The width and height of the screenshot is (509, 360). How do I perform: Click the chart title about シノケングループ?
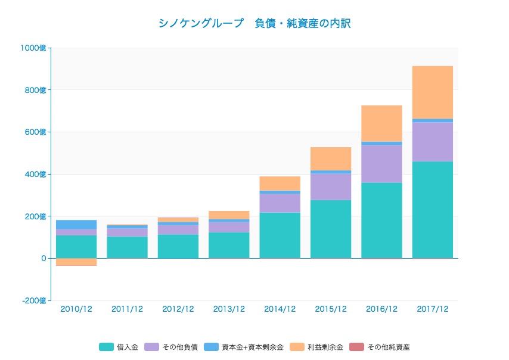(x=254, y=24)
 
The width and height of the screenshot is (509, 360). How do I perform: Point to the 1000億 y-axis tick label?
(x=34, y=48)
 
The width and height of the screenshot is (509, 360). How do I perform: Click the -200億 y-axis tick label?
(x=34, y=301)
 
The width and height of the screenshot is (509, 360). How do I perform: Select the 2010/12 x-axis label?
(x=76, y=309)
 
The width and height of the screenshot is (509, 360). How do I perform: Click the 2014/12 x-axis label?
(x=280, y=309)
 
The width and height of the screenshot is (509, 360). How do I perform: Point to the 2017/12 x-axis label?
(x=432, y=309)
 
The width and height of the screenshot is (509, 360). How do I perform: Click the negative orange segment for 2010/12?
(x=76, y=262)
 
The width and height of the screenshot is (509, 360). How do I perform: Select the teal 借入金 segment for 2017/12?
(x=432, y=209)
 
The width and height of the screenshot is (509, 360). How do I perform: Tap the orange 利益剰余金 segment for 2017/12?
(x=432, y=92)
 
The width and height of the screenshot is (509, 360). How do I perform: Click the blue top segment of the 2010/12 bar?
(x=76, y=225)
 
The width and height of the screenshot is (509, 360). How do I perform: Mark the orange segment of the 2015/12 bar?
(x=331, y=159)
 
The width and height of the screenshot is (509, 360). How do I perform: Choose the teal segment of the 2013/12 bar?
(x=229, y=245)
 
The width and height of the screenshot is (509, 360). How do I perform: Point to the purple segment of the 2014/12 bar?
(x=280, y=203)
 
